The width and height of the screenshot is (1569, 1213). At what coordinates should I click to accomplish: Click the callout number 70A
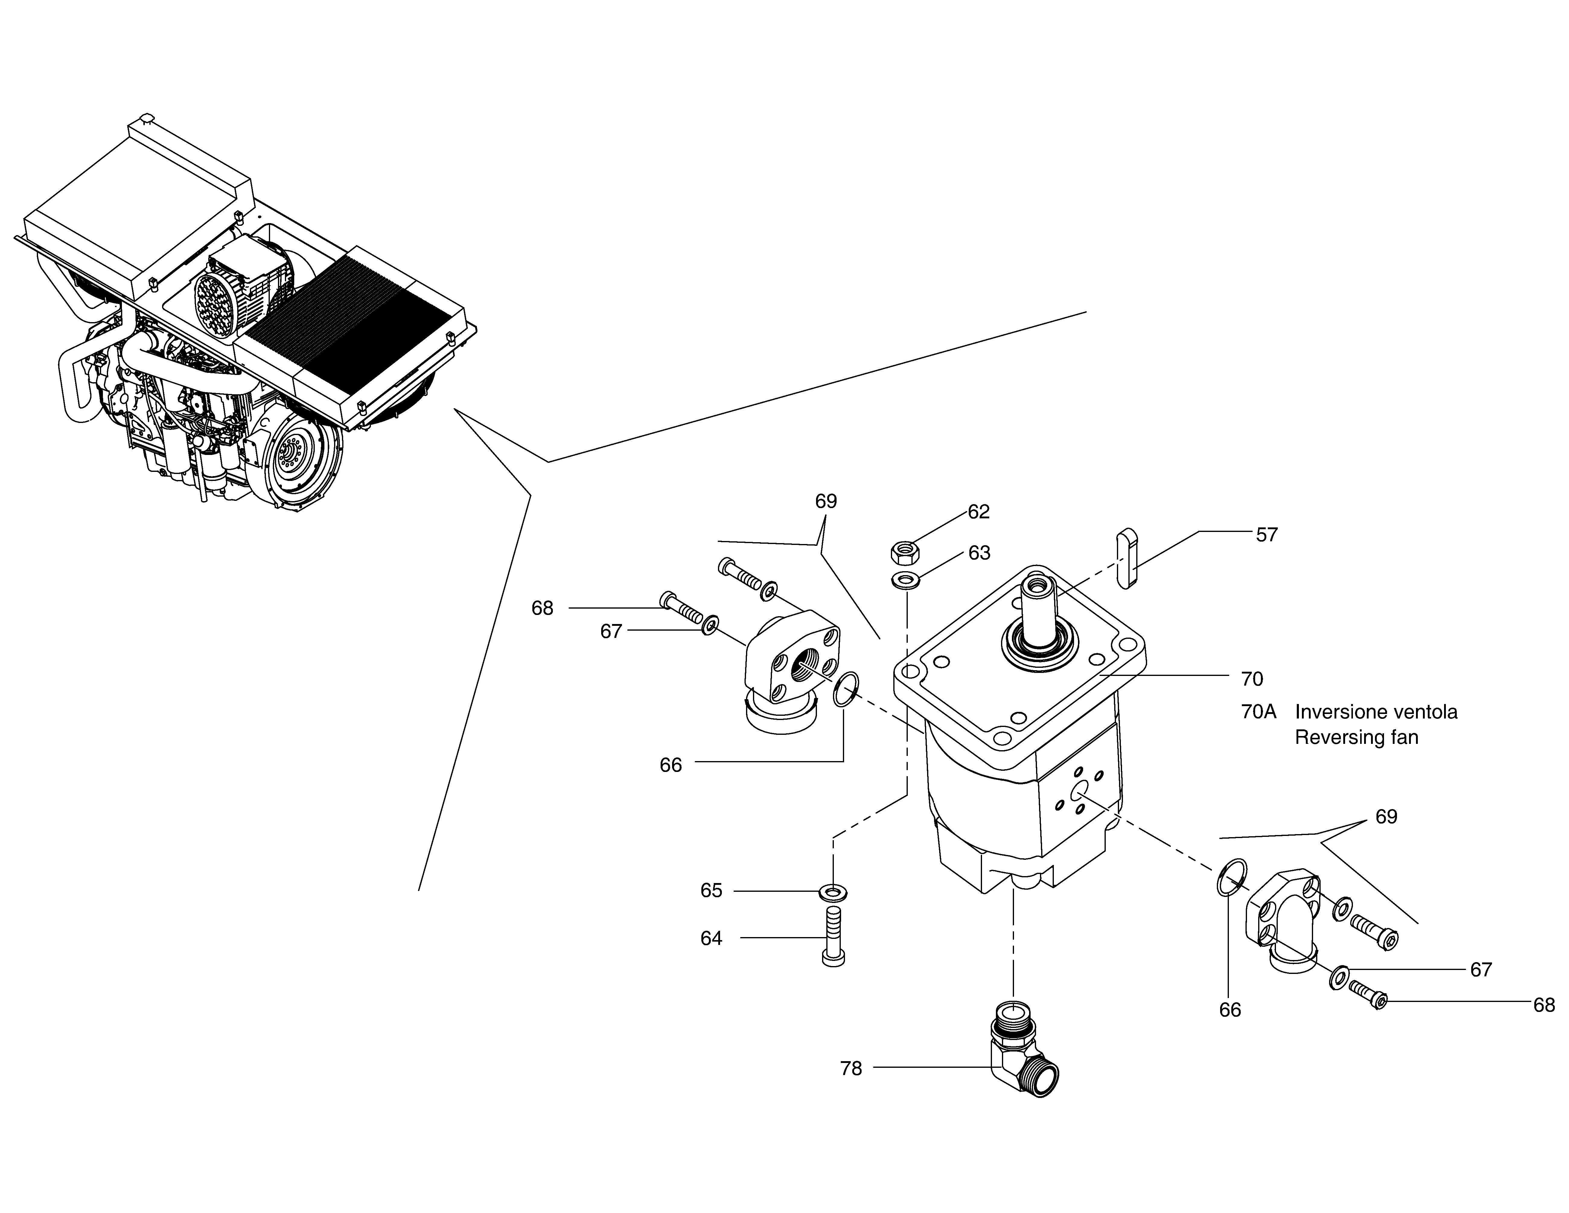[1259, 712]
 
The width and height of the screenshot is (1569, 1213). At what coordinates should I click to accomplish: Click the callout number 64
[711, 939]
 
